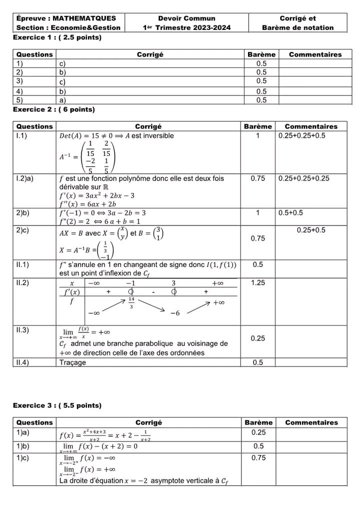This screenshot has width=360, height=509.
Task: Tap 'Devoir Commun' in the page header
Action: coord(186,18)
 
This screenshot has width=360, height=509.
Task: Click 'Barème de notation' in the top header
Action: coord(297,27)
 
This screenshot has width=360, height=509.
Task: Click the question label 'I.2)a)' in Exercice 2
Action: coord(25,178)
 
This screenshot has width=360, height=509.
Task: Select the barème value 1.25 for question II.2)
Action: coord(258,283)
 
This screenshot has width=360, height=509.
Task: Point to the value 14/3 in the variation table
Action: coord(131,302)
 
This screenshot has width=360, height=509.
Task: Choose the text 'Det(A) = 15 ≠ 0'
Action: coord(91,136)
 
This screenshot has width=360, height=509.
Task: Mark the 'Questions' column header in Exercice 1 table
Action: coord(34,54)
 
